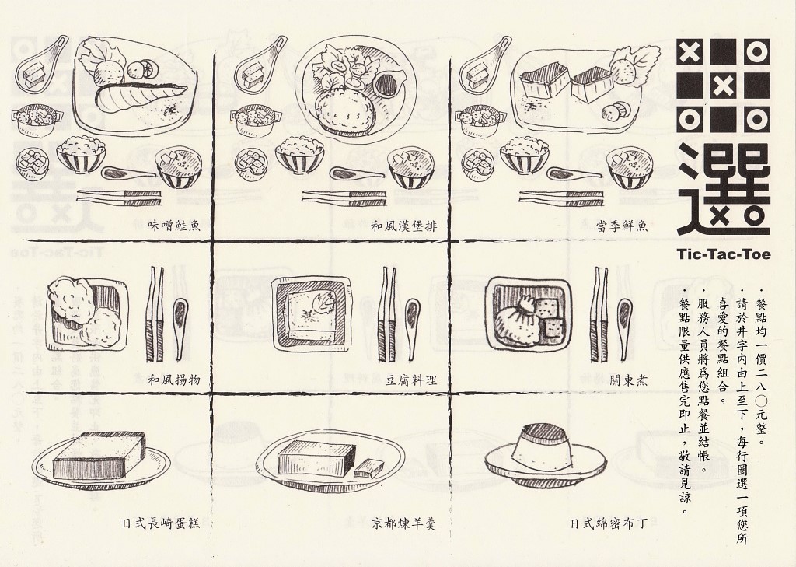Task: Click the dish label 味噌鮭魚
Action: pyautogui.click(x=173, y=226)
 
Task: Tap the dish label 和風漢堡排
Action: pyautogui.click(x=404, y=226)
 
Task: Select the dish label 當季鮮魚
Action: pyautogui.click(x=622, y=226)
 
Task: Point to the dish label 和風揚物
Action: pyautogui.click(x=173, y=380)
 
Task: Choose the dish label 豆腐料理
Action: pyautogui.click(x=410, y=380)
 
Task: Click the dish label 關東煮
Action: pyautogui.click(x=628, y=380)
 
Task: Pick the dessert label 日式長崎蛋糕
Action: pyautogui.click(x=161, y=523)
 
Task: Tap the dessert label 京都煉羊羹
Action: pyautogui.click(x=404, y=523)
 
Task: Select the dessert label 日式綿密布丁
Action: pyautogui.click(x=609, y=523)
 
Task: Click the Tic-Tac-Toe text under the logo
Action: pyautogui.click(x=724, y=254)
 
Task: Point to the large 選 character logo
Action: pyautogui.click(x=724, y=190)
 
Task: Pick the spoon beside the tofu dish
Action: pyautogui.click(x=412, y=326)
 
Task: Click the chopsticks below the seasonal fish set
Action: pyautogui.click(x=561, y=198)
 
